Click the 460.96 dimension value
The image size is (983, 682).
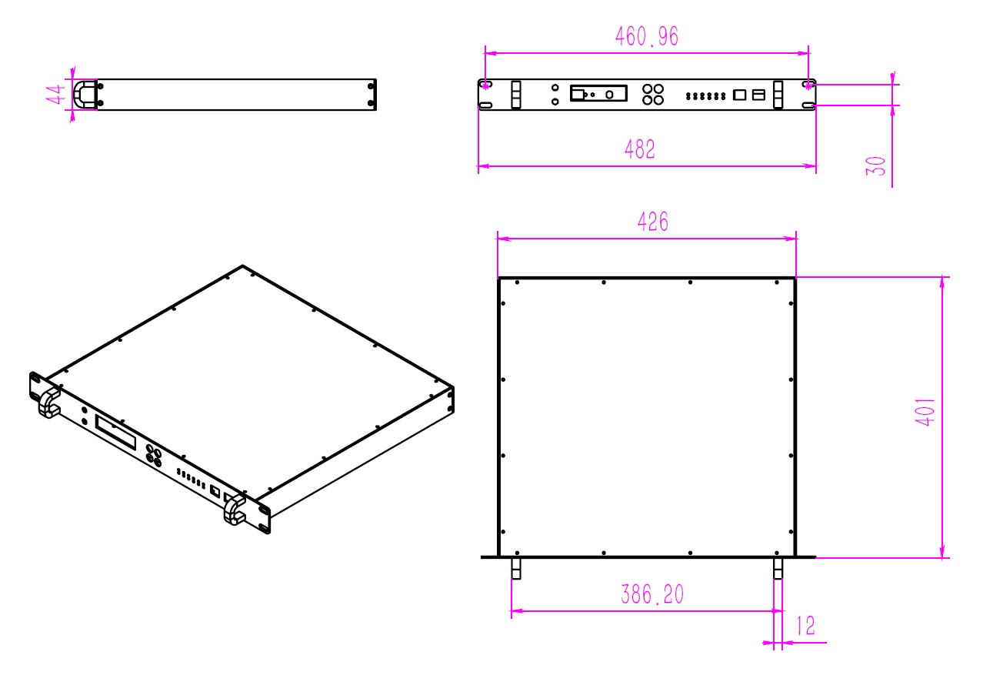(x=647, y=36)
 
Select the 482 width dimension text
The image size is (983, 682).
(x=640, y=149)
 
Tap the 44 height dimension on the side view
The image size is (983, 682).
(x=54, y=95)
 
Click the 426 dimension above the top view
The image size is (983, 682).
(x=653, y=222)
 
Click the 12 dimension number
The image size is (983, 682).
(x=805, y=626)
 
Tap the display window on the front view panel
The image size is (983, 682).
(x=598, y=94)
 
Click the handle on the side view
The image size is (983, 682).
(x=85, y=95)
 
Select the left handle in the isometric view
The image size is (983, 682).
(x=49, y=403)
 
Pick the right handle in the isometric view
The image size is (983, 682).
(x=234, y=510)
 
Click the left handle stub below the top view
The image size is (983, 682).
(x=516, y=568)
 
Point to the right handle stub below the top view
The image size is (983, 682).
(x=778, y=568)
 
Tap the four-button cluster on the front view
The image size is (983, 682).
(x=653, y=94)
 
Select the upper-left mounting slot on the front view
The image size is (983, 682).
(x=486, y=84)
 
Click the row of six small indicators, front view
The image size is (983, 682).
(x=705, y=96)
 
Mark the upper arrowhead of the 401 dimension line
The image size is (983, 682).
(x=943, y=282)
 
